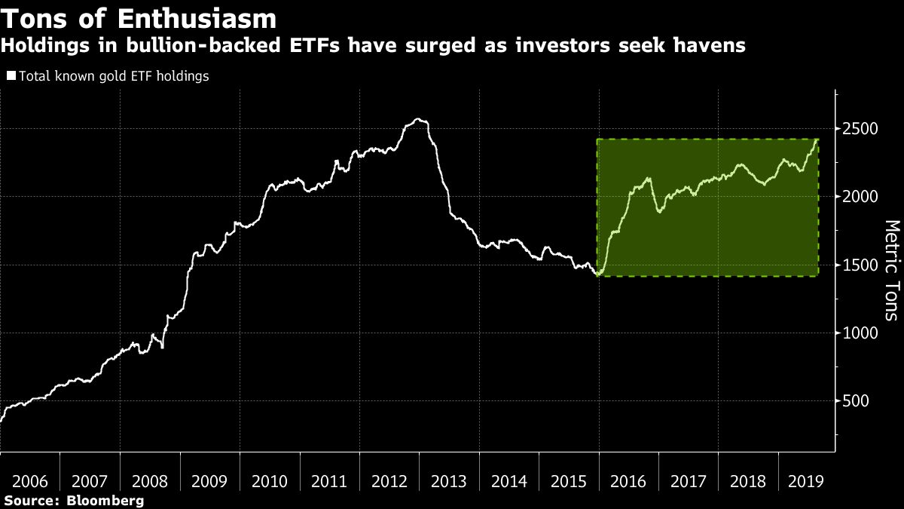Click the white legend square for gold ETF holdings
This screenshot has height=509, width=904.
[11, 76]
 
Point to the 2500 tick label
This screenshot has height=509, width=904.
[860, 129]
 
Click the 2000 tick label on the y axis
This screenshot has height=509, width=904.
[860, 197]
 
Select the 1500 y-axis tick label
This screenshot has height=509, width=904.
[860, 265]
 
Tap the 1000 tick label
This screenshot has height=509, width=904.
[860, 333]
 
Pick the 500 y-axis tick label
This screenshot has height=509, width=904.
[855, 401]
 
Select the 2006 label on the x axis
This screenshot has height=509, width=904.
[30, 480]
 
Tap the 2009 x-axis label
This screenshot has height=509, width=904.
[210, 480]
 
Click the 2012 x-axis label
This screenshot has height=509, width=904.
[389, 480]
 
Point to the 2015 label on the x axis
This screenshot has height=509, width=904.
[570, 480]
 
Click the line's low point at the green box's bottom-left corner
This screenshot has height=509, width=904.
[597, 275]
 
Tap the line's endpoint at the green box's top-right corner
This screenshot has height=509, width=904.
[818, 140]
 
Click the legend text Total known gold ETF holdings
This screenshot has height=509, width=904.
[112, 76]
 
